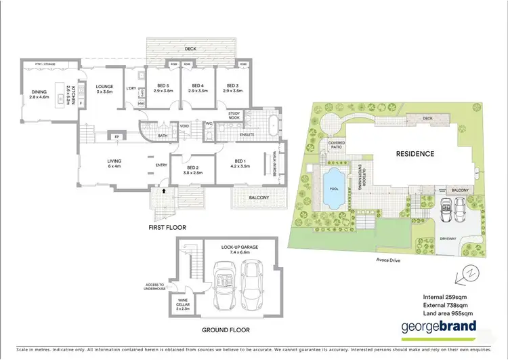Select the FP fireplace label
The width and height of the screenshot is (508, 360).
116,136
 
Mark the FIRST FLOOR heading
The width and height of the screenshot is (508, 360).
167,228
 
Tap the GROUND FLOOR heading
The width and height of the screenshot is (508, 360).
226,330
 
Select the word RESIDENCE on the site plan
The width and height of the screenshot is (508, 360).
415,154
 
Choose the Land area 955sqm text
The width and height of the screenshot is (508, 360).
449,313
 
